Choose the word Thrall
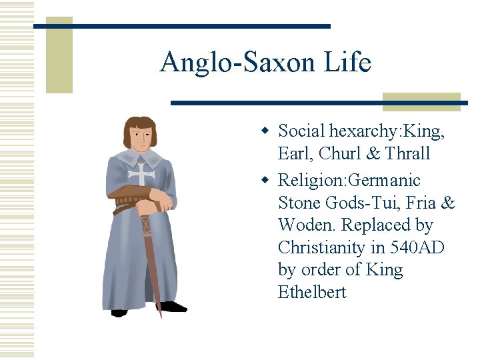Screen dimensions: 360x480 407,154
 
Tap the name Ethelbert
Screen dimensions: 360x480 312,293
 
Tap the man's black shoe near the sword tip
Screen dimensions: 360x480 173,307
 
